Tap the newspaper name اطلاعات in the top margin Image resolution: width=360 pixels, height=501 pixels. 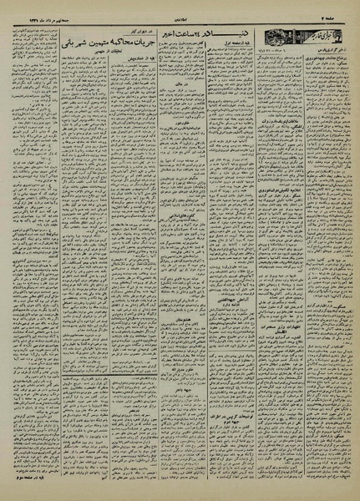point(180,11)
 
